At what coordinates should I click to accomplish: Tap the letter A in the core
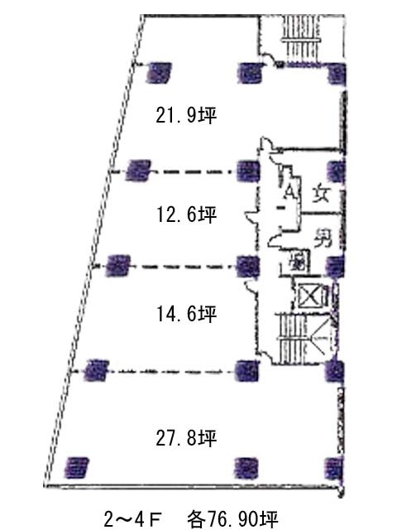click(x=289, y=192)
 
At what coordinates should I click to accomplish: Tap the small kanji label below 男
click(x=296, y=265)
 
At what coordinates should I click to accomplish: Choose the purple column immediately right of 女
click(x=335, y=171)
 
